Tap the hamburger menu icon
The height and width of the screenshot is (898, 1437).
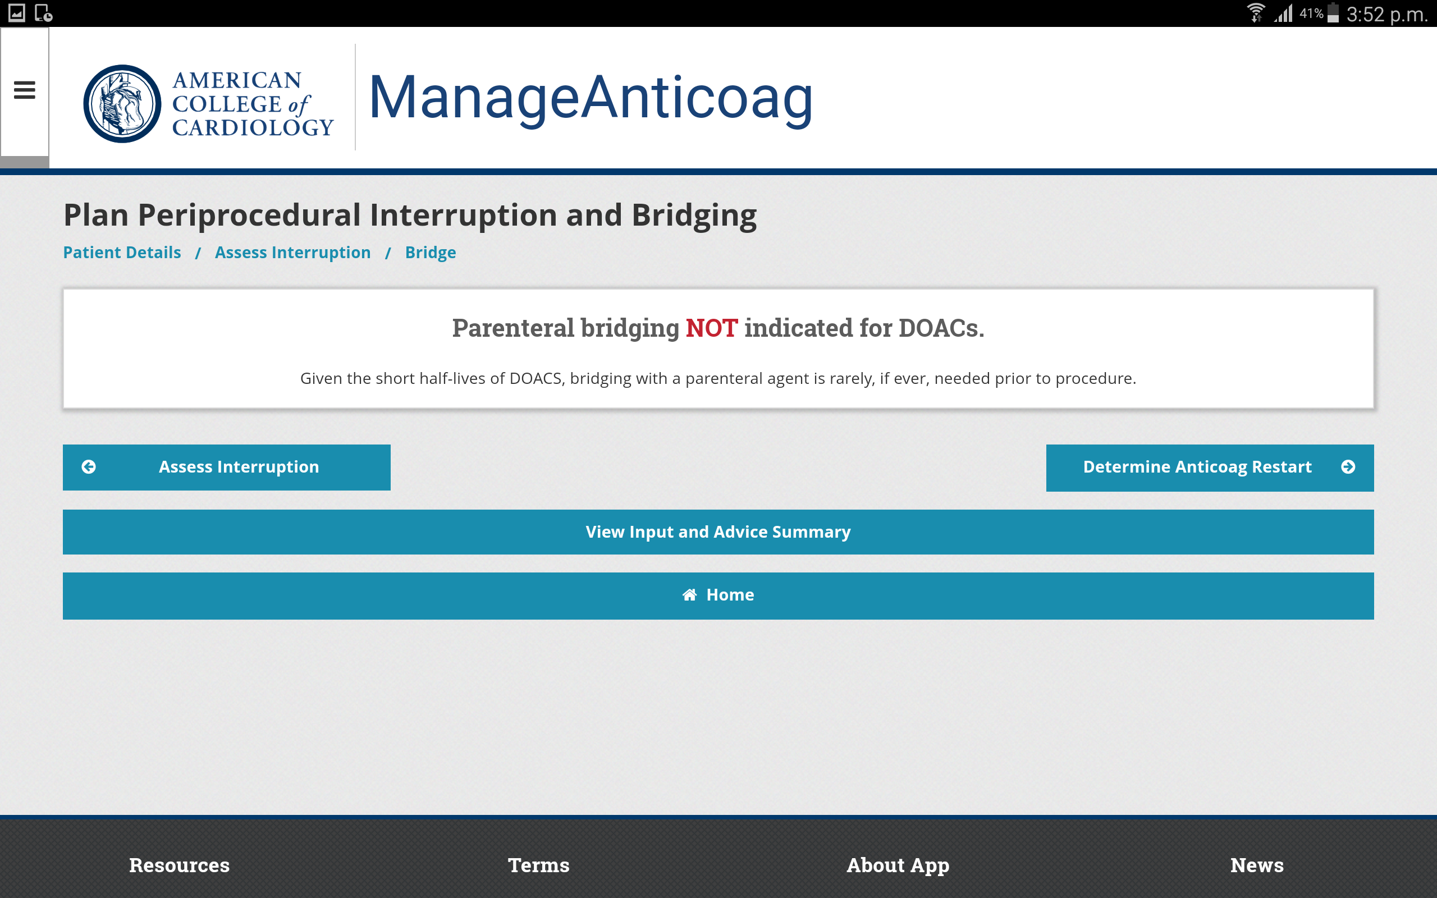coord(24,90)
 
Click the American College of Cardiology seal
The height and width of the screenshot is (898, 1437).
coord(122,103)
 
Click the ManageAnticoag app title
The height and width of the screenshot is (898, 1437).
coord(591,99)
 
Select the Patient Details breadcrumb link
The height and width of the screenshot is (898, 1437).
coord(122,253)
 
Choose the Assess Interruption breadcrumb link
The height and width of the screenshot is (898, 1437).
coord(293,253)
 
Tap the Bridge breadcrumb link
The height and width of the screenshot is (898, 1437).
coord(431,253)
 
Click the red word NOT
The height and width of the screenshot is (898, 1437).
coord(711,328)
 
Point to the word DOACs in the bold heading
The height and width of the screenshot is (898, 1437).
coord(941,328)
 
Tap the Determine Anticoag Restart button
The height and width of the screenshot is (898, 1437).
coord(1210,468)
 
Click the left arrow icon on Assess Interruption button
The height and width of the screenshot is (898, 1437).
coord(89,467)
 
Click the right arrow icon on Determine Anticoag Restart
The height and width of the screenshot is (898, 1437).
coord(1348,467)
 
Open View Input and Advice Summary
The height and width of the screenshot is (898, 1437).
coord(718,532)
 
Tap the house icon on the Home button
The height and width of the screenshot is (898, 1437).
coord(689,594)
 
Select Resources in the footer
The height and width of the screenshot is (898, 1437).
coord(179,865)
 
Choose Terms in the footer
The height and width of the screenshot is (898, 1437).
coord(538,865)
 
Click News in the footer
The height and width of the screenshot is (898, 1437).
coord(1257,865)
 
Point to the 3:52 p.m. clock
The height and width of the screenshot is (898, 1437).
coord(1387,13)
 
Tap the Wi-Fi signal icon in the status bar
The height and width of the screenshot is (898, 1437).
coord(1255,12)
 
